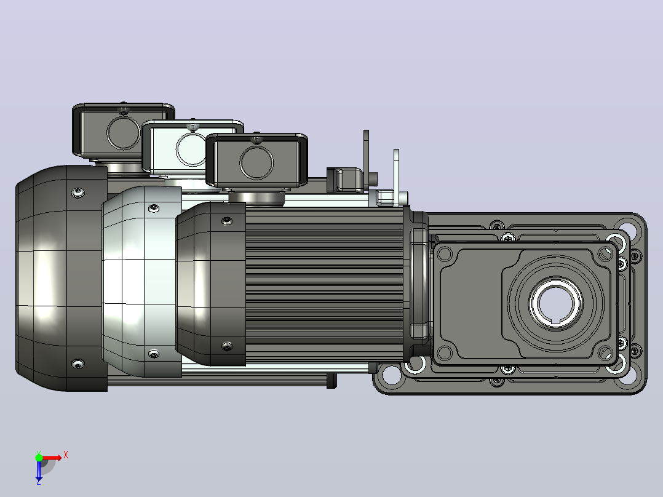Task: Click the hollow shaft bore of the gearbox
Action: coord(555,303)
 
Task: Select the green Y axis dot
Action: coord(39,458)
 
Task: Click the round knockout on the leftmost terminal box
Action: coord(124,132)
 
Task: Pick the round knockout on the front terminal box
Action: coord(256,162)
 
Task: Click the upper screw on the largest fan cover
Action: coord(77,193)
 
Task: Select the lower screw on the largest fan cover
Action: coord(77,364)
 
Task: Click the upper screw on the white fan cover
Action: coord(154,208)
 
